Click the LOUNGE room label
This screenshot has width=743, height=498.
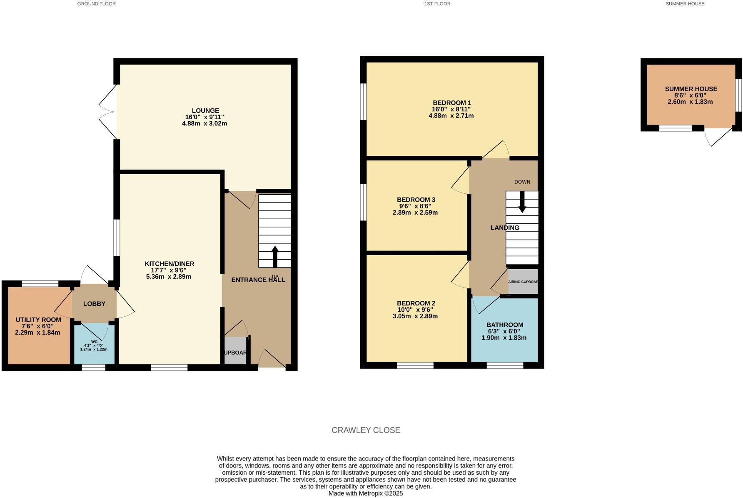point(204,111)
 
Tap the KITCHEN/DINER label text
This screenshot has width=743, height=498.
point(169,264)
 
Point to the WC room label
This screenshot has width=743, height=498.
point(94,341)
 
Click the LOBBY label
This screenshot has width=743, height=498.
point(94,304)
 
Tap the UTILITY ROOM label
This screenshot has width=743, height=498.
point(38,320)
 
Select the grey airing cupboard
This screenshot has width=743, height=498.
point(523,282)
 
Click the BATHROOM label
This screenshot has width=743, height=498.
point(505,325)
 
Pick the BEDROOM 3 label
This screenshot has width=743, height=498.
point(416,200)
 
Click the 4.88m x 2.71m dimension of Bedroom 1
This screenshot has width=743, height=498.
point(451,116)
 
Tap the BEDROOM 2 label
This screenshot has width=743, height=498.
point(416,303)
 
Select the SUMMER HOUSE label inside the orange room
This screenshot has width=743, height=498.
point(691,89)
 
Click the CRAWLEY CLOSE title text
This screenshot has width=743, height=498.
point(366,430)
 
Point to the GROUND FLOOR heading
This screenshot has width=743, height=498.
point(97,4)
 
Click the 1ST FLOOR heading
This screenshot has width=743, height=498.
point(437,4)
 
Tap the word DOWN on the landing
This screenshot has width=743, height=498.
point(522,182)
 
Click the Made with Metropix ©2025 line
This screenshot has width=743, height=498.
point(366,493)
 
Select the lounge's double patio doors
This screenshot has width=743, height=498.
point(108,111)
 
